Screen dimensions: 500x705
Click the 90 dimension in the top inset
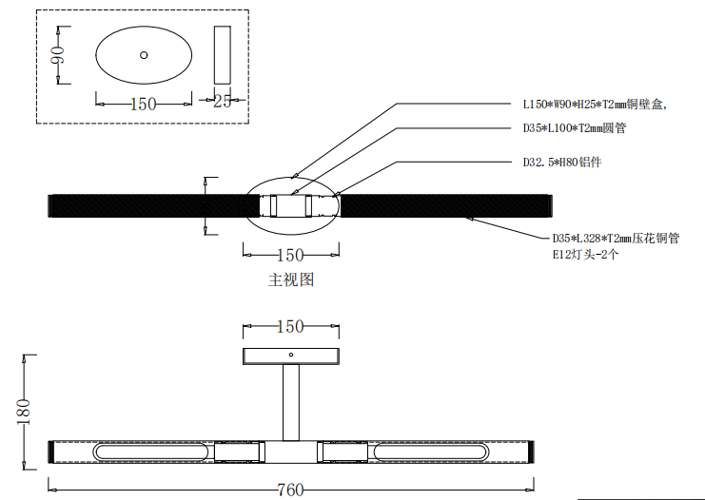click(56, 56)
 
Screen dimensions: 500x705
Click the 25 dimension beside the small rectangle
click(222, 101)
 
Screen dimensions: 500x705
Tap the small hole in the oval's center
click(144, 55)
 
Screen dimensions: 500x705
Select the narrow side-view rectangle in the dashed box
click(222, 54)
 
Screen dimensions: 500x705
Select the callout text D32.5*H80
click(561, 163)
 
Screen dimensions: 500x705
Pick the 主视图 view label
click(291, 279)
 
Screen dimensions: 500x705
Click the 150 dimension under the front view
click(289, 255)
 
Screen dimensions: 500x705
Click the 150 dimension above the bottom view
click(289, 326)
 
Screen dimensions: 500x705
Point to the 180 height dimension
click(25, 411)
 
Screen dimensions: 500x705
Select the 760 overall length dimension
click(289, 490)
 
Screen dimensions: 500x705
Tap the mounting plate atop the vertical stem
click(290, 356)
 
